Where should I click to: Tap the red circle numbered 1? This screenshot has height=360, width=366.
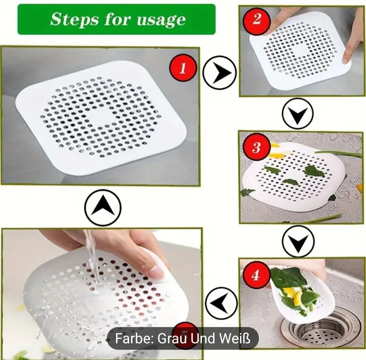pyautogui.click(x=183, y=69)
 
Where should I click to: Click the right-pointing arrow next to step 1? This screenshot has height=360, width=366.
pyautogui.click(x=219, y=72)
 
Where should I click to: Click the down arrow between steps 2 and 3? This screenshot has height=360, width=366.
pyautogui.click(x=298, y=113)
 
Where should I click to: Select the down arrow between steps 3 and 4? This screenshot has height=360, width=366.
pyautogui.click(x=298, y=241)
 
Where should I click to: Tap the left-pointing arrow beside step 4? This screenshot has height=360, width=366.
pyautogui.click(x=222, y=303)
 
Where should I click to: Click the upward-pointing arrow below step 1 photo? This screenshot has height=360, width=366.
pyautogui.click(x=103, y=208)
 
